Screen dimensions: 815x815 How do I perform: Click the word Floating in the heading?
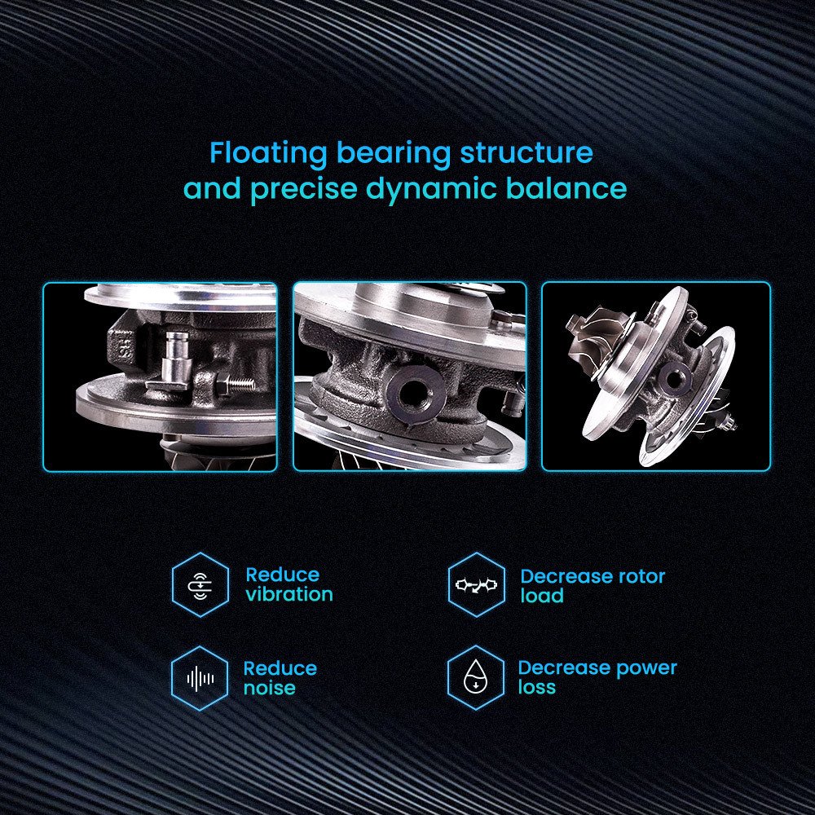[x=268, y=154]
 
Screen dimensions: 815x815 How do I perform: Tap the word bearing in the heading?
[x=394, y=154]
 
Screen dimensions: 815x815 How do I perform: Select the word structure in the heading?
[x=526, y=152]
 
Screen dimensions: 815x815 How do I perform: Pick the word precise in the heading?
[x=303, y=189]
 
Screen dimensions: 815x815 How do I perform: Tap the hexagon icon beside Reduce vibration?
[x=200, y=584]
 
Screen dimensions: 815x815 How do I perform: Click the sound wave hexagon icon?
[x=200, y=678]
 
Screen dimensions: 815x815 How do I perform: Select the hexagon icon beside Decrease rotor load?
[x=477, y=584]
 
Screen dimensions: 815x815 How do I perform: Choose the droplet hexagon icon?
[x=476, y=678]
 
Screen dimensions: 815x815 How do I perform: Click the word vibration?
[x=289, y=594]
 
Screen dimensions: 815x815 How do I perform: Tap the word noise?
[x=270, y=688]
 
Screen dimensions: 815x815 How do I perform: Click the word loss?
[x=537, y=687]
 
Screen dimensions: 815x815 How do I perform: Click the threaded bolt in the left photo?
[x=235, y=385]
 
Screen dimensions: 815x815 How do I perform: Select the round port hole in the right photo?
[x=675, y=378]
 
